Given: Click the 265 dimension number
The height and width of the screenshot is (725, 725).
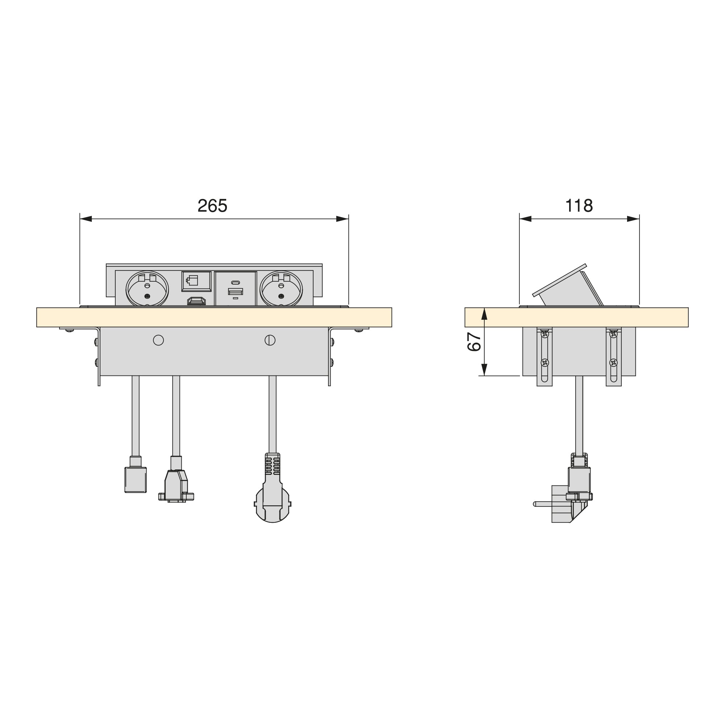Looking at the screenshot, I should click(x=212, y=206).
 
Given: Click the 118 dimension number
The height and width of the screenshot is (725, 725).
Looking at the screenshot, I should click(x=579, y=206).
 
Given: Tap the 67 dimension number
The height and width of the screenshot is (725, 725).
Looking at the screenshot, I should click(x=474, y=342).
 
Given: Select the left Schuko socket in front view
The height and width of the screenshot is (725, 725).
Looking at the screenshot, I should click(x=147, y=289).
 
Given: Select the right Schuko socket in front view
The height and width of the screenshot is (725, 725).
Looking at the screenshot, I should click(x=281, y=289).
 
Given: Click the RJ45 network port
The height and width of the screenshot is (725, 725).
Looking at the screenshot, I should click(x=196, y=281).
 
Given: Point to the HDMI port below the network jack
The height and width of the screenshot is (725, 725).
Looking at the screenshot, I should click(x=196, y=301).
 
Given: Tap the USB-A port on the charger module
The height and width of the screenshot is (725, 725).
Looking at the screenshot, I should click(x=235, y=291).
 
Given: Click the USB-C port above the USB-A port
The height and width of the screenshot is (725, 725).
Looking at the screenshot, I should click(x=236, y=282).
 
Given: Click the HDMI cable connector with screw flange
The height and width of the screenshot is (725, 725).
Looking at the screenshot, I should click(x=176, y=487).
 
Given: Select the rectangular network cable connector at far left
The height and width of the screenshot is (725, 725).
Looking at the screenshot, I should click(x=136, y=479).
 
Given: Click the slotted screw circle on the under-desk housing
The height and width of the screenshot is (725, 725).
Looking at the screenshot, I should click(x=270, y=340).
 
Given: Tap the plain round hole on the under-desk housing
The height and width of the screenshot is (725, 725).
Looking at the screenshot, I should click(x=158, y=340).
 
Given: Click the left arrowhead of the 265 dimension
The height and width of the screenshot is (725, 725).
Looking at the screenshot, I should click(x=86, y=219).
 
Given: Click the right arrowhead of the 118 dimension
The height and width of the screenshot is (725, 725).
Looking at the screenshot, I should click(x=633, y=219).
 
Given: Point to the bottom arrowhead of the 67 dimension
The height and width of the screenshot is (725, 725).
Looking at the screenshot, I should click(x=484, y=370).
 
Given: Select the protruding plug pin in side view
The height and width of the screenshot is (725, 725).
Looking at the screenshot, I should click(x=542, y=504).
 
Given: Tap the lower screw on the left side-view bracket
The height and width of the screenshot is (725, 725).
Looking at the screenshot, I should click(x=545, y=362).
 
